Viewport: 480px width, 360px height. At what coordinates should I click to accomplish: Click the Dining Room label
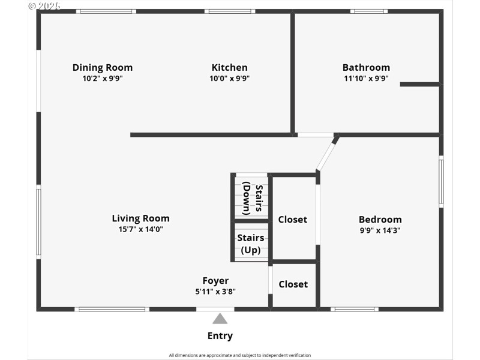[x=103, y=68]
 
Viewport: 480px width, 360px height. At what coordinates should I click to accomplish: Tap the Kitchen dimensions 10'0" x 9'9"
[x=229, y=78]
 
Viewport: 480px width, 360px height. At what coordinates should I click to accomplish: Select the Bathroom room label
[x=366, y=68]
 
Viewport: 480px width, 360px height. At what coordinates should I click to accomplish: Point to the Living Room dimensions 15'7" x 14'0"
[x=140, y=229]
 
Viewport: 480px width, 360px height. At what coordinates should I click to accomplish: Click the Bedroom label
[x=380, y=220]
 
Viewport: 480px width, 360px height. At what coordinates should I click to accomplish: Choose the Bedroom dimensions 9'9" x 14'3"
[x=380, y=230]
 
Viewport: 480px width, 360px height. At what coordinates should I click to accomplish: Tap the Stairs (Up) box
[x=251, y=243]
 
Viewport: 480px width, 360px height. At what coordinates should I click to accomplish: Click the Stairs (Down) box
[x=251, y=197]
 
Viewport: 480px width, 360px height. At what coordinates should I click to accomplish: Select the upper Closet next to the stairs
[x=293, y=220]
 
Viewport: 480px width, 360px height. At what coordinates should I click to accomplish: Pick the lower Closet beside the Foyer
[x=293, y=284]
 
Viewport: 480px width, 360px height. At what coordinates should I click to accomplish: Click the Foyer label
[x=215, y=281]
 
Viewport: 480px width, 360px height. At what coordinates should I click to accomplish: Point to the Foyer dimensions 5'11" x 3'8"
[x=215, y=291]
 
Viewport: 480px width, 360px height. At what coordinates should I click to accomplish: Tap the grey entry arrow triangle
[x=220, y=319]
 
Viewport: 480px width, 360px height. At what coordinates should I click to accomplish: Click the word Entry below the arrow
[x=220, y=336]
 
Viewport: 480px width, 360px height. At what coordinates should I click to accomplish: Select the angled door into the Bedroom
[x=328, y=154]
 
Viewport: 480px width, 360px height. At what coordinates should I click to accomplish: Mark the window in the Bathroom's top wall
[x=369, y=11]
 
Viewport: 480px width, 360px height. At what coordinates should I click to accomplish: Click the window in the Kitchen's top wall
[x=229, y=11]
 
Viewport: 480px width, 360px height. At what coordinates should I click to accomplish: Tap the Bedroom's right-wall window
[x=441, y=182]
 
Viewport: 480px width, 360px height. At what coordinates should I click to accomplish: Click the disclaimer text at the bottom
[x=240, y=355]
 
